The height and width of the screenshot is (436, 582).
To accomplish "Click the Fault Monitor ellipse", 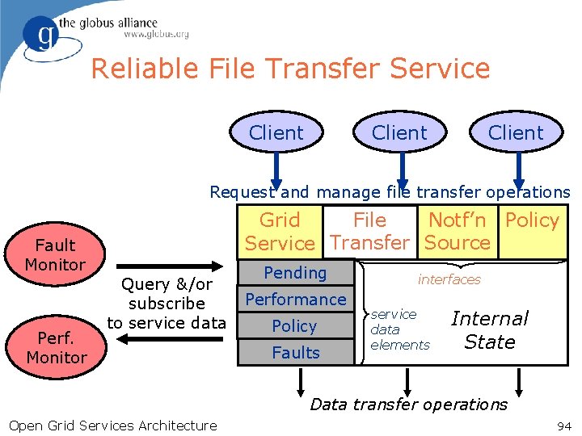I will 55,254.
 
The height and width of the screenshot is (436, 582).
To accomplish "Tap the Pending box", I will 295,273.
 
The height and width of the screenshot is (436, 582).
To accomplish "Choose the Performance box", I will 295,300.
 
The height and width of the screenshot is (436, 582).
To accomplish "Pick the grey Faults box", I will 295,352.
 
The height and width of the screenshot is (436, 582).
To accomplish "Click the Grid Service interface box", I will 280,232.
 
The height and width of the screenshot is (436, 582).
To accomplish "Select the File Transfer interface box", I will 369,232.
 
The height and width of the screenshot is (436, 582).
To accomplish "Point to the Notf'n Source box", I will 457,232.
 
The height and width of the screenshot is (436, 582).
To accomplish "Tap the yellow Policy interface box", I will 532,232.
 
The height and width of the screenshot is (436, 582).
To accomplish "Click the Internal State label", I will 489,330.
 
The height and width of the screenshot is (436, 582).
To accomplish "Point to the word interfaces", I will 449,279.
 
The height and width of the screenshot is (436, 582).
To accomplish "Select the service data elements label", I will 399,329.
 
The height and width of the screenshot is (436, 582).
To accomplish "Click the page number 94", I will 563,426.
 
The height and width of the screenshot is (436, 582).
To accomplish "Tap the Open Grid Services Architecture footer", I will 112,426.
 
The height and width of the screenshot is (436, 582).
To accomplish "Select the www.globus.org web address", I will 156,35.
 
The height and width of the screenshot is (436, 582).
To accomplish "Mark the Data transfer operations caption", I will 409,405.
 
